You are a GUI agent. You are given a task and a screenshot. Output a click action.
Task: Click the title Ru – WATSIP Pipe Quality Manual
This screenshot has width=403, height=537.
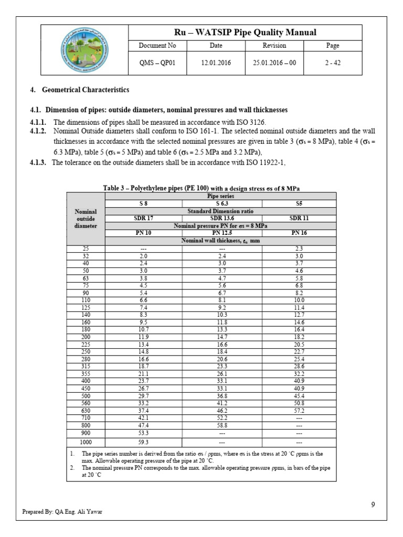pos(245,33)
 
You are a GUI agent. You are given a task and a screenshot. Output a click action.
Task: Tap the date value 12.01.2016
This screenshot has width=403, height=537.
pos(216,62)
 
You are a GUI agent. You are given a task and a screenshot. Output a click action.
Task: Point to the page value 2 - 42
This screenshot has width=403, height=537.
pos(333,62)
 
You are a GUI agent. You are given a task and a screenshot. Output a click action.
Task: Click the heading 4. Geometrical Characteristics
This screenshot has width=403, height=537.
pos(79,90)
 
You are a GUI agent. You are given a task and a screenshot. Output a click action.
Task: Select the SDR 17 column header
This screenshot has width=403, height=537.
pos(144,218)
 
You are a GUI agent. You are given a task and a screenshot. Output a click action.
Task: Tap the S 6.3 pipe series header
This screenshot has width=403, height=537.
pos(222,203)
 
